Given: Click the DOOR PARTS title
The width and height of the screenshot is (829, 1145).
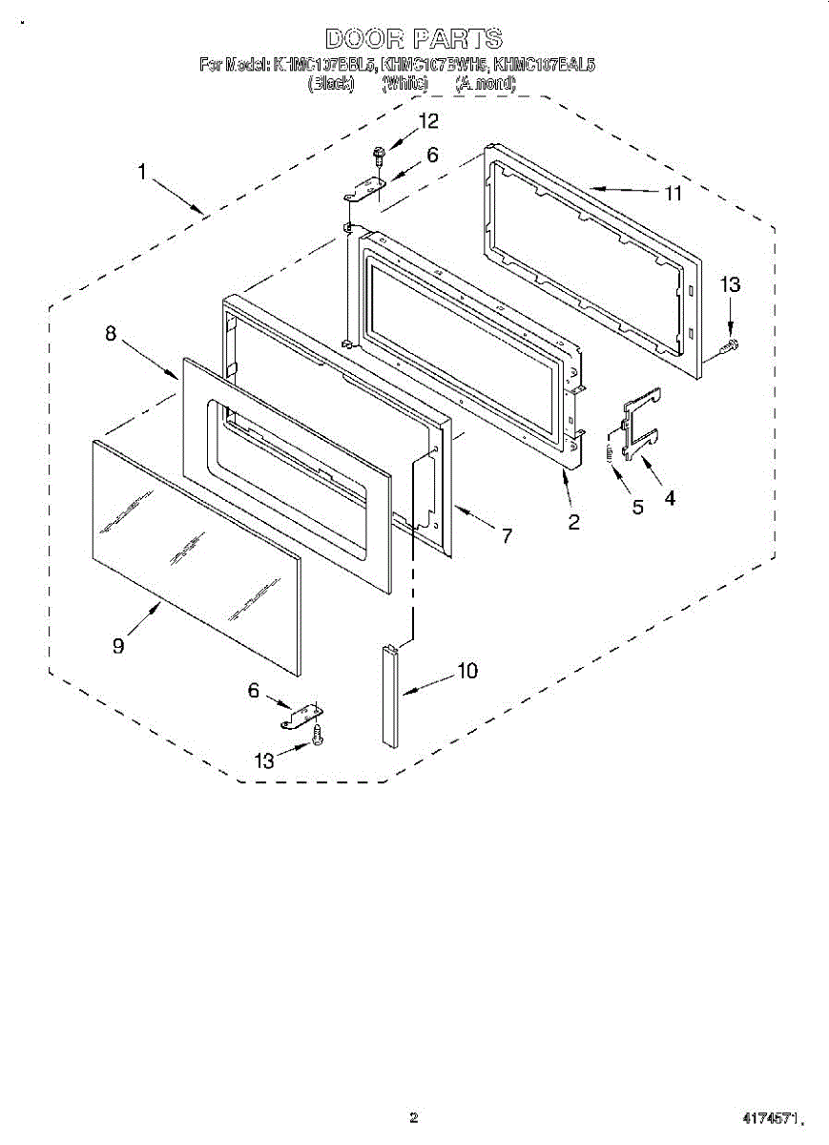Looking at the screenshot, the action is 414,39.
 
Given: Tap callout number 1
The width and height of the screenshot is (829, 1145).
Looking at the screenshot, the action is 141,173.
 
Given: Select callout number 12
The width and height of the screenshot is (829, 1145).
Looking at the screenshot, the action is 428,121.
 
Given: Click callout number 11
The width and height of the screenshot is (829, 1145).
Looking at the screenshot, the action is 674,194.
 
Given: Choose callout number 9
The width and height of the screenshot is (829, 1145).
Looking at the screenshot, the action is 117,646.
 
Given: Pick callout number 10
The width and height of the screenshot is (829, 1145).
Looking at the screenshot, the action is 467,671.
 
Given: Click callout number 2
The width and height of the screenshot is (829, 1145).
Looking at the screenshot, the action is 574,521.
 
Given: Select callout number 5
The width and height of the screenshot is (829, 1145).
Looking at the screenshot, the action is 637,507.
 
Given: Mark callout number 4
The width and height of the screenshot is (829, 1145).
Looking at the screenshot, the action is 671,497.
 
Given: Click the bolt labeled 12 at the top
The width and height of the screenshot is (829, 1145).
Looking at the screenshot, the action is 380,152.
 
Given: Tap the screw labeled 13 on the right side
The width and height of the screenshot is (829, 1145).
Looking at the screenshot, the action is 732,344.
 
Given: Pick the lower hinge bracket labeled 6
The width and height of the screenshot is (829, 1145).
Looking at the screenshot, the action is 302,716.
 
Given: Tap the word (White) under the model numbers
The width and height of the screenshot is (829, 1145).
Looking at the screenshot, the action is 404,84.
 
